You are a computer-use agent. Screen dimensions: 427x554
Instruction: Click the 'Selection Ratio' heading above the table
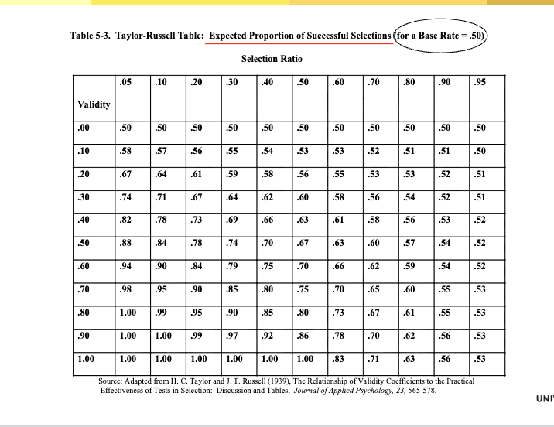click(272, 59)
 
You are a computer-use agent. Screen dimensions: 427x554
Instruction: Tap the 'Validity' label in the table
click(94, 104)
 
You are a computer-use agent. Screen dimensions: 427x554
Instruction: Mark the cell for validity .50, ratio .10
click(161, 243)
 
